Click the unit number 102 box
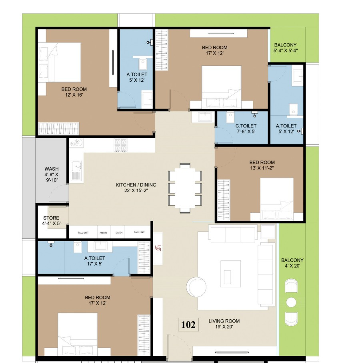click(188, 325)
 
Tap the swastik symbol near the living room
click(158, 248)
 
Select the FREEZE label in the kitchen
click(104, 232)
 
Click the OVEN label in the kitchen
click(119, 232)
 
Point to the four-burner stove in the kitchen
click(120, 145)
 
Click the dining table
click(185, 188)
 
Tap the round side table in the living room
click(196, 287)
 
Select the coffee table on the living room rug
click(230, 274)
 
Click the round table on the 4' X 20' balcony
click(291, 302)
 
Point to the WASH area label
click(52, 174)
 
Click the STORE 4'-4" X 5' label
click(51, 221)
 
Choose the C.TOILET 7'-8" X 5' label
click(246, 129)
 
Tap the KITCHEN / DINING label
click(136, 188)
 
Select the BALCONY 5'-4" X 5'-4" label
click(286, 48)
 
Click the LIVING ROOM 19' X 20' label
click(224, 324)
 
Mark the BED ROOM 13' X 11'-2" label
click(262, 165)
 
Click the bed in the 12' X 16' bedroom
click(60, 63)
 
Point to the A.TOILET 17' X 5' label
click(94, 261)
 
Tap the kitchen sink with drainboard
click(76, 171)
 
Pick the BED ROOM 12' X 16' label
click(74, 92)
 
